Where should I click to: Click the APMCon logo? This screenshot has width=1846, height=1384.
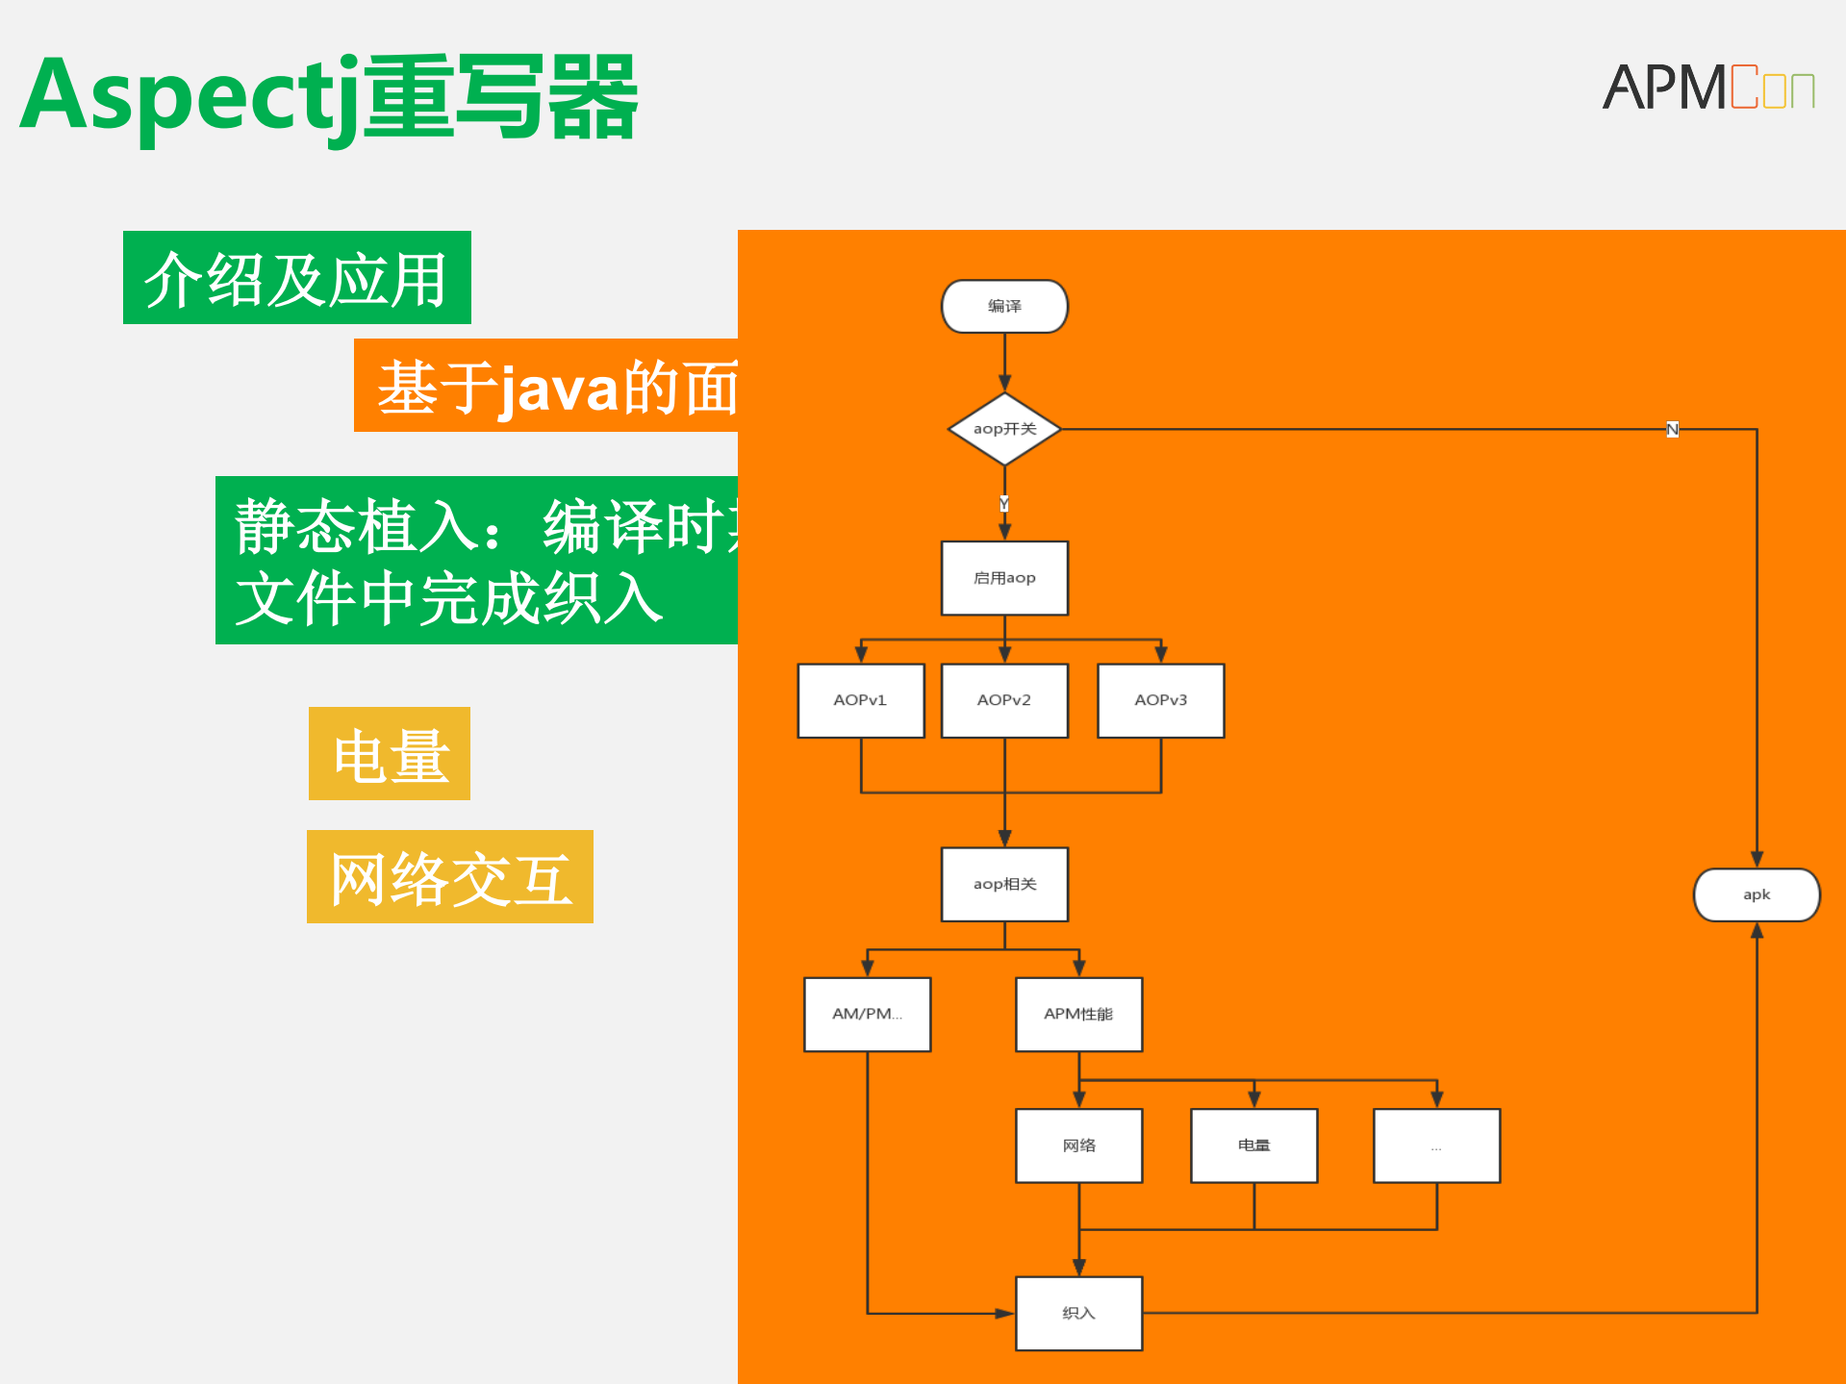1707,88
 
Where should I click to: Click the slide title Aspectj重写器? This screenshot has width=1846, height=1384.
328,97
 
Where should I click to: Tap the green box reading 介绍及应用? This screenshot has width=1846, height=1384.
296,278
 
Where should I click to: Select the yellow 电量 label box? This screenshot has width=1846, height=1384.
390,754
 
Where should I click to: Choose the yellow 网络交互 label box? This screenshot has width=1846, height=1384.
450,877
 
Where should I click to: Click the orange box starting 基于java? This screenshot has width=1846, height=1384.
546,386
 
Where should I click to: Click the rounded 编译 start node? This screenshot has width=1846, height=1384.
1004,307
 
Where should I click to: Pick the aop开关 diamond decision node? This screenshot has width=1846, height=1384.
1004,429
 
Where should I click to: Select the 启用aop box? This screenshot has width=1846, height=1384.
1004,578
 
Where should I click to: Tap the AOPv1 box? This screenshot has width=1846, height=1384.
861,700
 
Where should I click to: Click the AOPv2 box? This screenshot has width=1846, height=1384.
1004,700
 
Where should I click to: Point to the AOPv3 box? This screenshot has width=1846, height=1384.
1161,700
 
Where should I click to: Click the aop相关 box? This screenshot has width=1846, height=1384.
1004,884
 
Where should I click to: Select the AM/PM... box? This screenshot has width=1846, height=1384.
868,1015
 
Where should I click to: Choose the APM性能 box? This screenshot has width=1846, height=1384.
1079,1015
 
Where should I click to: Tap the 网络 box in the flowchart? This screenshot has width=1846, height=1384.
1079,1145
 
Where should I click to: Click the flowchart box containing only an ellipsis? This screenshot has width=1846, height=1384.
1436,1145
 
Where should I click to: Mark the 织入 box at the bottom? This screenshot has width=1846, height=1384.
1079,1313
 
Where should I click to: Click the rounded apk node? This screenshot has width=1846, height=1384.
1757,894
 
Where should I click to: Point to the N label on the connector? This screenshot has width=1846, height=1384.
1672,430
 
